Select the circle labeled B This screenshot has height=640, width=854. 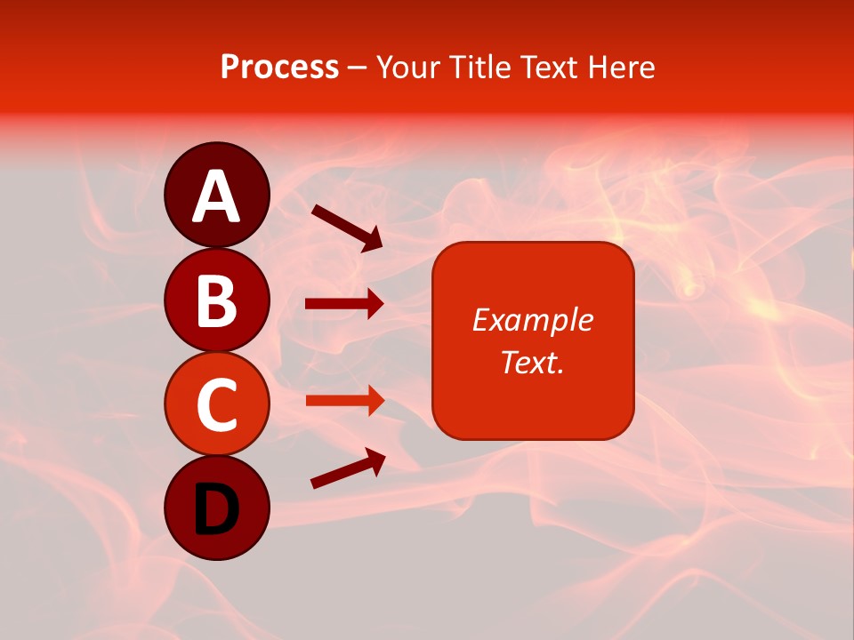click(216, 300)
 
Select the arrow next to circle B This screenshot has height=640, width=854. click(344, 304)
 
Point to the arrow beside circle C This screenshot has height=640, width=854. click(344, 400)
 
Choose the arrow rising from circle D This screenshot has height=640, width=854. click(348, 468)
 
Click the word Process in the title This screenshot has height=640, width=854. click(279, 68)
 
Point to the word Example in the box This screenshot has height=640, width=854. click(532, 320)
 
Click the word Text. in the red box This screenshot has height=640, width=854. click(532, 362)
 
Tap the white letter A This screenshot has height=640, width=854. click(216, 197)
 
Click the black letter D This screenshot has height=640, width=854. click(216, 509)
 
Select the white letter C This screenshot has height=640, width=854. click(216, 404)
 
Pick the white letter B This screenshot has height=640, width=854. click(216, 301)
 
